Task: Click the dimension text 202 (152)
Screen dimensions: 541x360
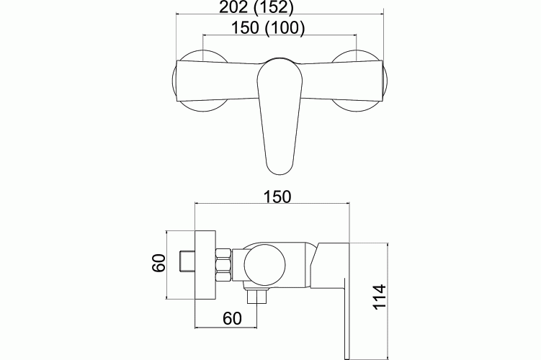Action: (256, 7)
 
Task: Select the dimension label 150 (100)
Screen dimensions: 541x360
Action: (268, 28)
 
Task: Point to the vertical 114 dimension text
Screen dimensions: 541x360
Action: (379, 297)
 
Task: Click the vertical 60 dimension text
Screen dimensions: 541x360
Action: (159, 263)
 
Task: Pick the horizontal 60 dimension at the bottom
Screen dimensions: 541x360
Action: (232, 318)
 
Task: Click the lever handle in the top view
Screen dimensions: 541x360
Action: (280, 116)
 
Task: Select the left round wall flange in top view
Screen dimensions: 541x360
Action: (200, 81)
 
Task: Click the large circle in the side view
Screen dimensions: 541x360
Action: (264, 265)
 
